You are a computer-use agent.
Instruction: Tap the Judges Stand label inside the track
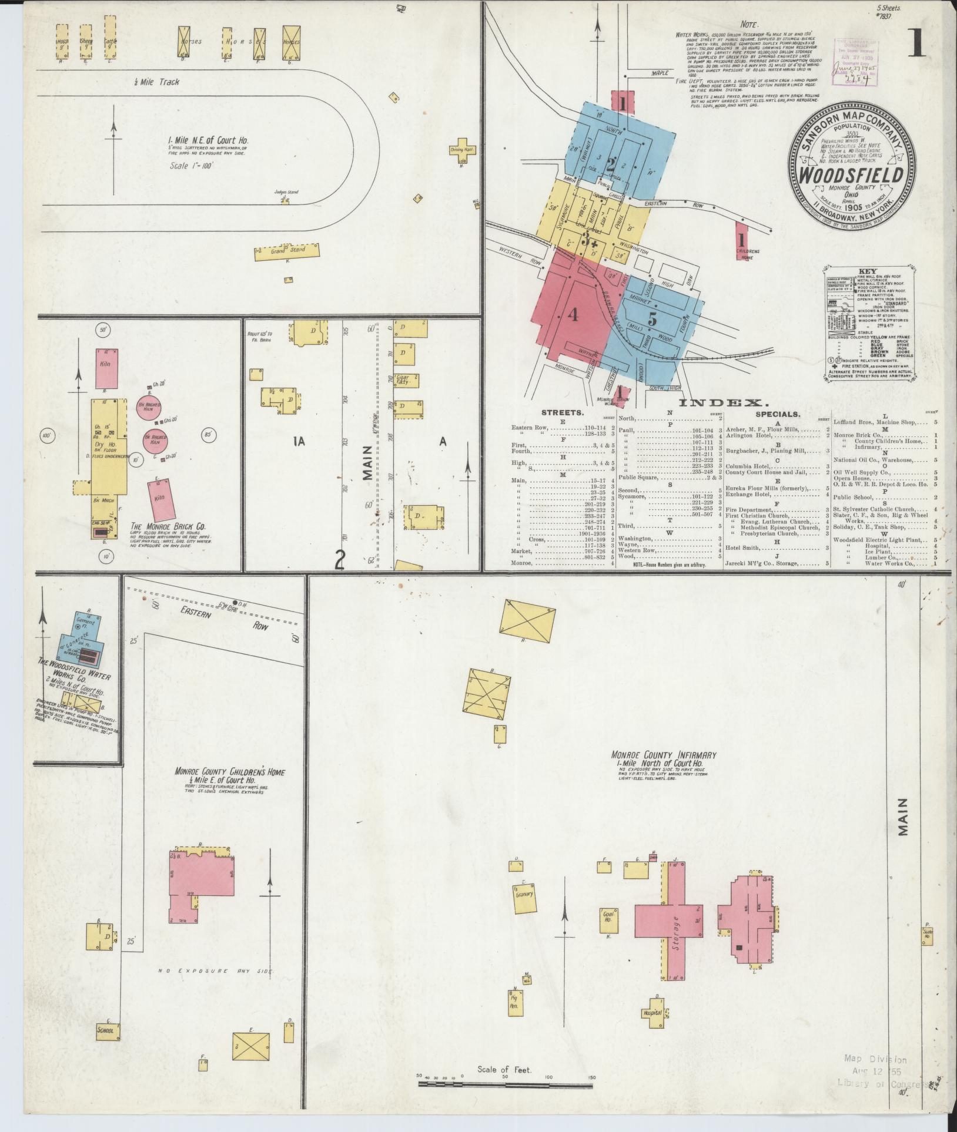click(283, 192)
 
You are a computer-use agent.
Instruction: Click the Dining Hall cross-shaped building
click(463, 149)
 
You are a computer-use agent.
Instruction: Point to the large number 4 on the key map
click(573, 315)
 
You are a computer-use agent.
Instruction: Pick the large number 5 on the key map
click(652, 320)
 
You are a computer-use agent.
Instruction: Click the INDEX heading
click(723, 403)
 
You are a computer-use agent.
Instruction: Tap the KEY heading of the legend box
click(867, 272)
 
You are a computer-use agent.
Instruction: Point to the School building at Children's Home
click(109, 1030)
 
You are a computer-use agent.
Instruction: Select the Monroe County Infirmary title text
click(662, 755)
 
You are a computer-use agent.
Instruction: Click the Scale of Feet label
click(504, 1070)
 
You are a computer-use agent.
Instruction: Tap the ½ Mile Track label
click(156, 82)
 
